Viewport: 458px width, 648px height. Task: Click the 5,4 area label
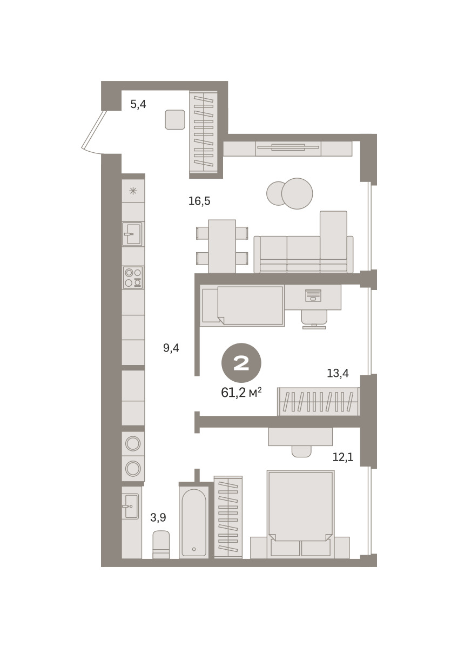[138, 104]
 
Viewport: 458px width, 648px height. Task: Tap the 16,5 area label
[199, 201]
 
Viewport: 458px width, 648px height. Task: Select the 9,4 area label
[171, 348]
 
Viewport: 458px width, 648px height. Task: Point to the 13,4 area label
[338, 373]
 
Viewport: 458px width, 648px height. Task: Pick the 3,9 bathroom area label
[158, 517]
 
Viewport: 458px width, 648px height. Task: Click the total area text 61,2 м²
[241, 393]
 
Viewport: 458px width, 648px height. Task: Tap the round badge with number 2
[241, 363]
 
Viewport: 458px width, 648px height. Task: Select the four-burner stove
[133, 278]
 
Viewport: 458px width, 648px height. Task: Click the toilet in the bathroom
[161, 545]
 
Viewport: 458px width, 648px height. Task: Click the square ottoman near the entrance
[175, 119]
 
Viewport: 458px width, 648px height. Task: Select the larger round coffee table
[297, 193]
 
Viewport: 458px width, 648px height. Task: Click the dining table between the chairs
[222, 246]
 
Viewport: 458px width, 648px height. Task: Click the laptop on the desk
[313, 295]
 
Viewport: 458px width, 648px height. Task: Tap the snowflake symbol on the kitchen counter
[133, 191]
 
